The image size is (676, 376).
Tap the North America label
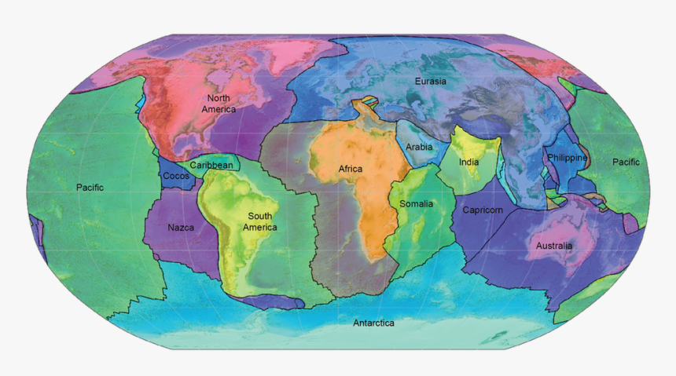[x=219, y=104]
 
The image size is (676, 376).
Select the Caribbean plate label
[x=211, y=166]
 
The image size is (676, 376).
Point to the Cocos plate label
[x=175, y=177]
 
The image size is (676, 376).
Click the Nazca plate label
[x=182, y=228]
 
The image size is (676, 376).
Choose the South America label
[x=260, y=221]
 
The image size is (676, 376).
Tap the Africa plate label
[x=351, y=169]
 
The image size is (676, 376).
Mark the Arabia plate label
[x=419, y=147]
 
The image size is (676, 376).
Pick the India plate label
[x=469, y=163]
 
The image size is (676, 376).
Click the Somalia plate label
[x=416, y=204]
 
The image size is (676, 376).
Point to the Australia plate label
[x=554, y=246]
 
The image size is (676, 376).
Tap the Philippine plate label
[x=568, y=158]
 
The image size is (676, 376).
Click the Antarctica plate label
[x=373, y=323]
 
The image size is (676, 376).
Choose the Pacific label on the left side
[x=90, y=187]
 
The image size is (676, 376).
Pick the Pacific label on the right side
[x=626, y=162]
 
